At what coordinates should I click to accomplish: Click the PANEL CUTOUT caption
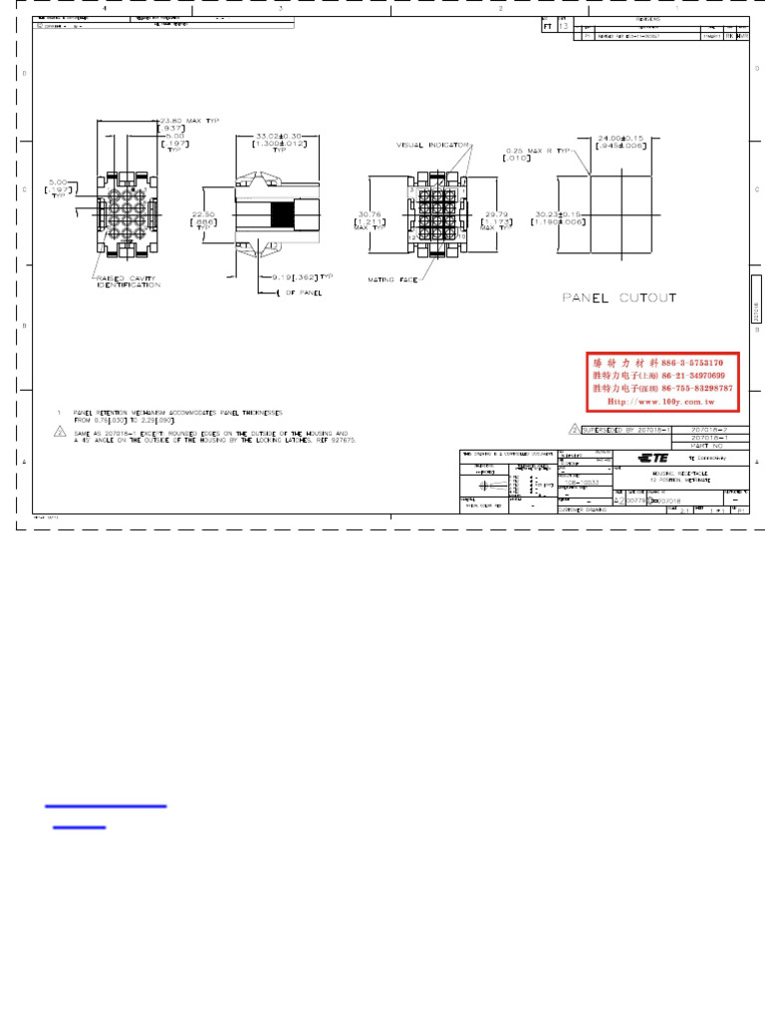click(x=619, y=297)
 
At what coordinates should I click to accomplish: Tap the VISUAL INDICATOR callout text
click(x=432, y=145)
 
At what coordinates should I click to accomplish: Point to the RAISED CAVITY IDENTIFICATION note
click(x=127, y=282)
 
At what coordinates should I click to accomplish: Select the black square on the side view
click(x=283, y=214)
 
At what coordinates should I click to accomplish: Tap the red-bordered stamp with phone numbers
click(x=662, y=381)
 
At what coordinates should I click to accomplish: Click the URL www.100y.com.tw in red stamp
click(x=662, y=401)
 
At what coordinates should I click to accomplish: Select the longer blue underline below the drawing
click(x=106, y=806)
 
